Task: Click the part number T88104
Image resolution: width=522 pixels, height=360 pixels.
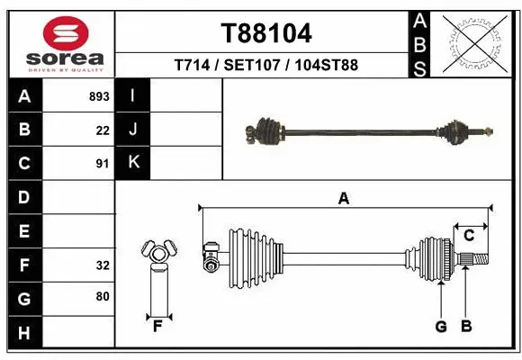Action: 266,34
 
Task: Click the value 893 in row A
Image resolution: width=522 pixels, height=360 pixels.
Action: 99,95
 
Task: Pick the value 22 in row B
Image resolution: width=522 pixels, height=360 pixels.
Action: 103,130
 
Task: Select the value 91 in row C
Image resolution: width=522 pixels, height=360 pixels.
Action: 102,164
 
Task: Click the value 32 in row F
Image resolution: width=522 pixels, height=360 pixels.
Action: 102,265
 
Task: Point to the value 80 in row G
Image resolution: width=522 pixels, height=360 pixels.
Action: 102,296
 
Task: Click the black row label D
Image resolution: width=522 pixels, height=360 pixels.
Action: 24,197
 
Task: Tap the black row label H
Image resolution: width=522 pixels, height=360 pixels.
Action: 24,334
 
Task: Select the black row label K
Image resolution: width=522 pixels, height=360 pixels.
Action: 133,163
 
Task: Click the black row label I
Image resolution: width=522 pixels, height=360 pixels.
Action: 133,95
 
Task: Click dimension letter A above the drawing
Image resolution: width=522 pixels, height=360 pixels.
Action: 343,199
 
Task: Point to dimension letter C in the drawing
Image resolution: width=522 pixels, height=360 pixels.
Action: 469,236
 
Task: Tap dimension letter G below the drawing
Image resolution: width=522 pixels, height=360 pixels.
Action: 441,327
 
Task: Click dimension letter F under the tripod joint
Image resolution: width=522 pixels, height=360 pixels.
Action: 157,326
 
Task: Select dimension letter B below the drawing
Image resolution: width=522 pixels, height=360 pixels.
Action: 465,327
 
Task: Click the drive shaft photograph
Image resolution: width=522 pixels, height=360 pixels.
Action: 368,131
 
